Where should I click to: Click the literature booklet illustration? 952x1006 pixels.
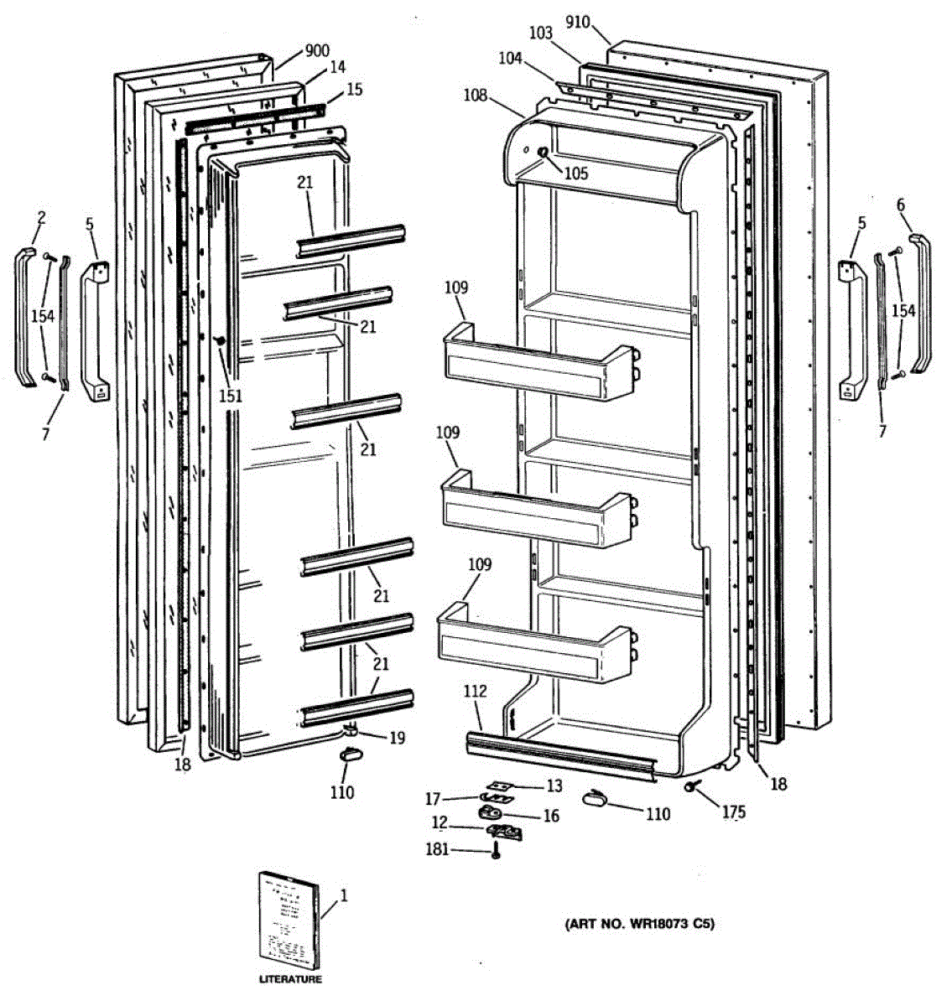coord(289,920)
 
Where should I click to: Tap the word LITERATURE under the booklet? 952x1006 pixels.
coord(289,979)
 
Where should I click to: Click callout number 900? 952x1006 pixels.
coord(316,51)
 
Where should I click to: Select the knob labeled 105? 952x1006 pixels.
coord(542,152)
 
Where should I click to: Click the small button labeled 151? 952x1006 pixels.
coord(221,341)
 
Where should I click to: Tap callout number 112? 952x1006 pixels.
coord(475,692)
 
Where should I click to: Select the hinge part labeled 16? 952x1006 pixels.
coord(492,812)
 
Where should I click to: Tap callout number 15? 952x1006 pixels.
coord(354,89)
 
